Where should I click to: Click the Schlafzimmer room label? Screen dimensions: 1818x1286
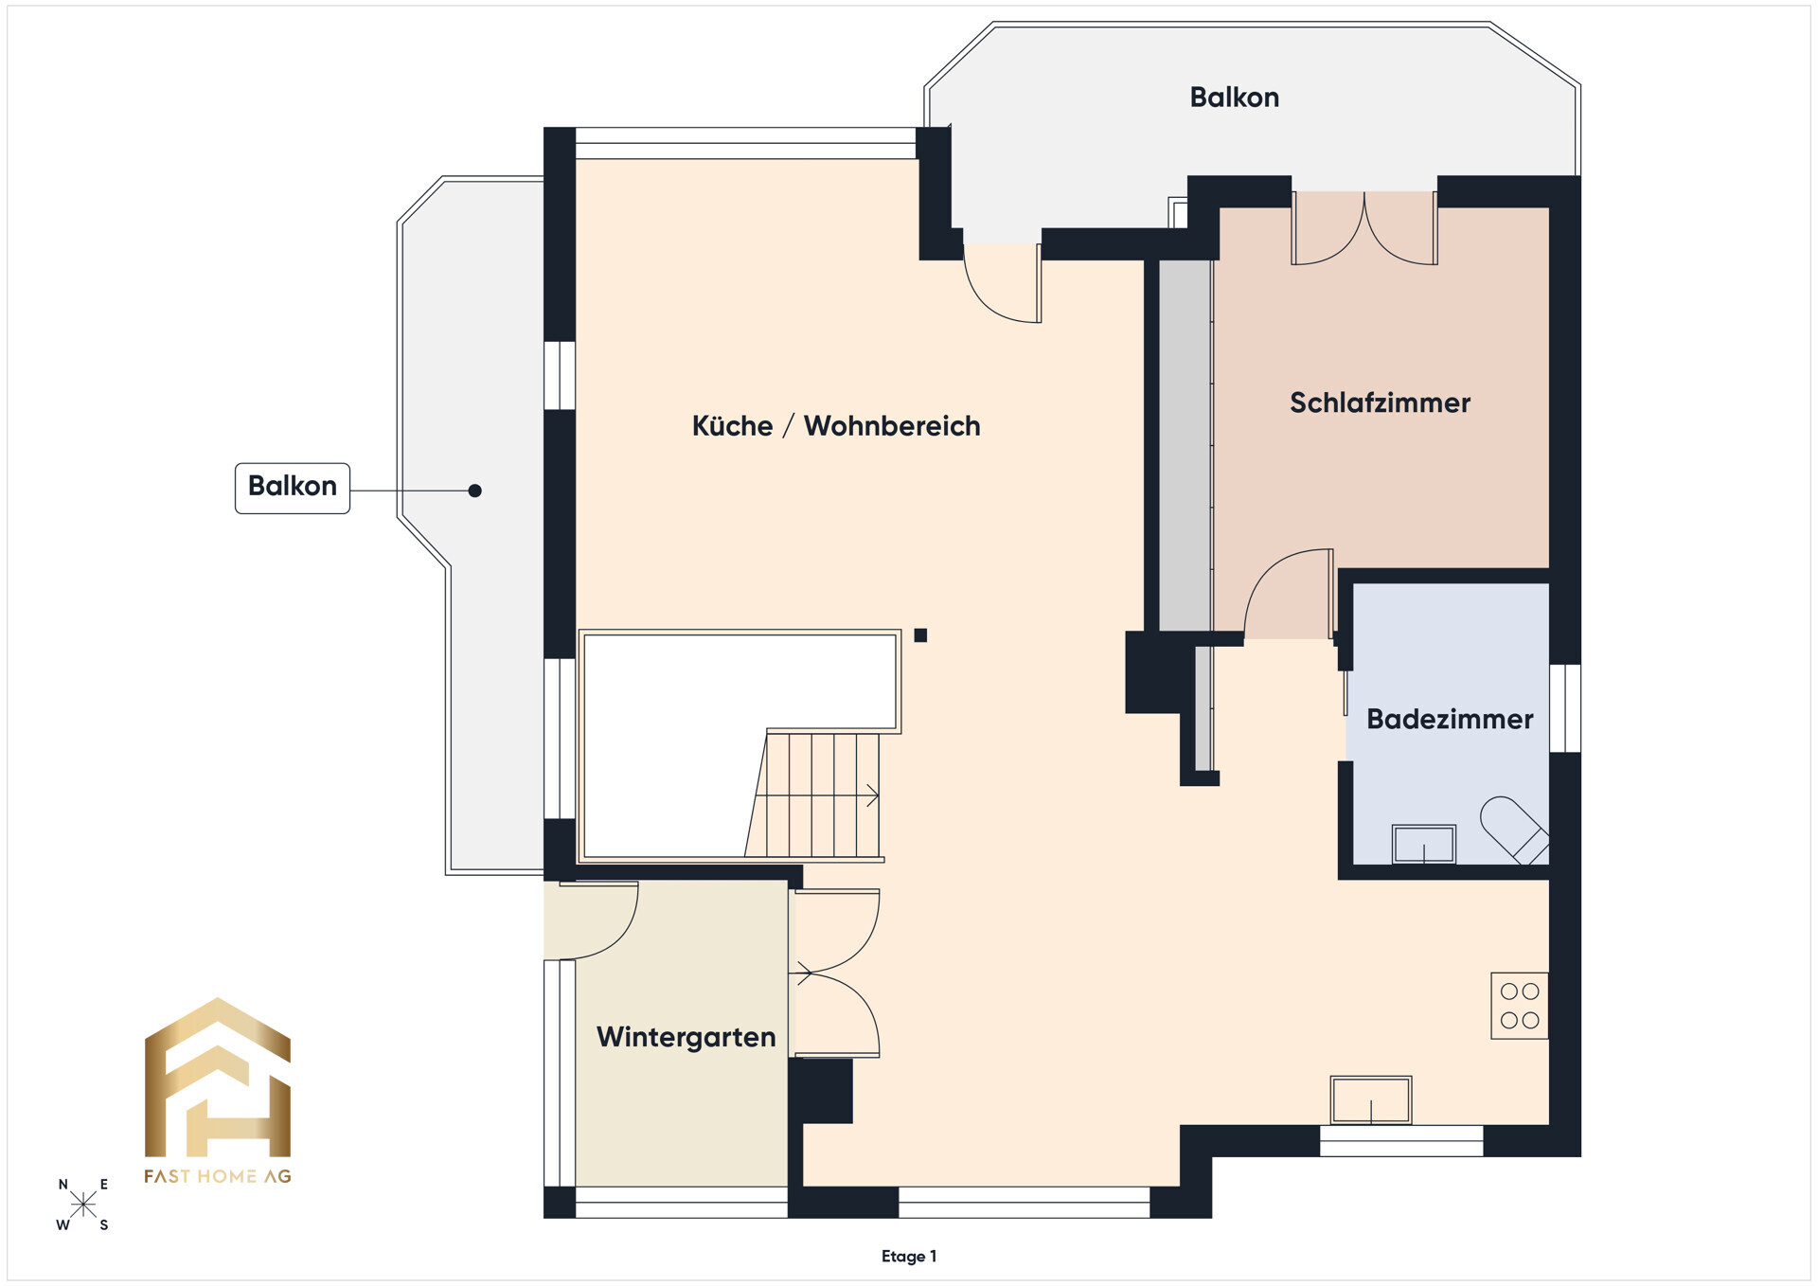[x=1380, y=403]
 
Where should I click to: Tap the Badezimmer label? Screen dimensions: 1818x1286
[x=1450, y=720]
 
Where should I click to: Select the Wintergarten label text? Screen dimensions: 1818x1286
[x=686, y=1038]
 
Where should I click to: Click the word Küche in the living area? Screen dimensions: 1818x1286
[x=732, y=426]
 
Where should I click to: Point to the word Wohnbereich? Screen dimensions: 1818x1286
[x=892, y=426]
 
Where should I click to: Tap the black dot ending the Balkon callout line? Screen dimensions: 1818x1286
[x=475, y=491]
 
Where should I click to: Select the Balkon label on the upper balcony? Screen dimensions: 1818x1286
[x=1234, y=98]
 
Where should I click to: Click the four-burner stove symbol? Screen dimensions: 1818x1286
[x=1520, y=1006]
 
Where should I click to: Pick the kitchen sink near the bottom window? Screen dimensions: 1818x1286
[x=1370, y=1100]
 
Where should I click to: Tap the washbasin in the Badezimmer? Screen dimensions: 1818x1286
[x=1423, y=844]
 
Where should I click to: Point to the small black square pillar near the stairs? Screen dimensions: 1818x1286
[x=920, y=635]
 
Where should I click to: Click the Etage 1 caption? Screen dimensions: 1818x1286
[x=909, y=1257]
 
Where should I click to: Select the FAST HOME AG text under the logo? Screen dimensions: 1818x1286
[x=218, y=1176]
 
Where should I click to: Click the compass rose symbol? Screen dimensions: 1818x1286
[x=83, y=1205]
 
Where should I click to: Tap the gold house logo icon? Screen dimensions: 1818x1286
[x=218, y=1078]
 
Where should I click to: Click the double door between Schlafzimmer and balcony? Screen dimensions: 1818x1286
[x=1364, y=228]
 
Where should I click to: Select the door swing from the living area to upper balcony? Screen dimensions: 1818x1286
[x=1003, y=283]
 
